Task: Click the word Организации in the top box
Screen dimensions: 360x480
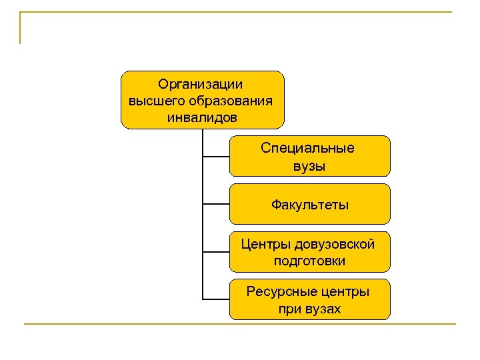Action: click(201, 84)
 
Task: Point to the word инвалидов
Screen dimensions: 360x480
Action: click(201, 117)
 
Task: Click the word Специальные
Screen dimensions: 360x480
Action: click(308, 148)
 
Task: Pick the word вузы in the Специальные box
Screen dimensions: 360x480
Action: click(309, 165)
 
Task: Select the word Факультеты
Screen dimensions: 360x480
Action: click(309, 204)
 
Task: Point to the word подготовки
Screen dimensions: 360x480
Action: click(309, 261)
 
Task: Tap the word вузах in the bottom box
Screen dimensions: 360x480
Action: click(323, 309)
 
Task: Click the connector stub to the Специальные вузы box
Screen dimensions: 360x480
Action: click(216, 157)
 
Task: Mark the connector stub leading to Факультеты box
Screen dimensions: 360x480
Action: click(216, 204)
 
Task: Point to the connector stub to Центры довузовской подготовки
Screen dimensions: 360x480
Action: click(216, 252)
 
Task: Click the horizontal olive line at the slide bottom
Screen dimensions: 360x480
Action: click(240, 325)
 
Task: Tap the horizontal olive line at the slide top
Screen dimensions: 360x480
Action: click(240, 12)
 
